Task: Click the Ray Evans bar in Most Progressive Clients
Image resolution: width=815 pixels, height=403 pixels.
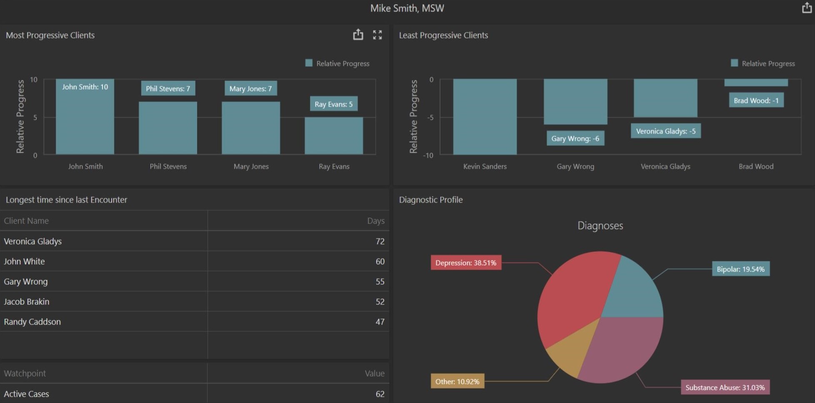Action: [x=334, y=135]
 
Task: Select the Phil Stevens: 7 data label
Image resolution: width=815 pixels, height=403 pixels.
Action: [x=168, y=88]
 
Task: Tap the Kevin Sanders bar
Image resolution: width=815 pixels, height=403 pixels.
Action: [x=485, y=117]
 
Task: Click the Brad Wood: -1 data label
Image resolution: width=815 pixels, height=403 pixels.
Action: [x=756, y=100]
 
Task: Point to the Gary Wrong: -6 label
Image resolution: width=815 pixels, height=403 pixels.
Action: [x=575, y=138]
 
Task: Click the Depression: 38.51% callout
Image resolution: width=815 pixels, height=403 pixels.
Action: [x=465, y=263]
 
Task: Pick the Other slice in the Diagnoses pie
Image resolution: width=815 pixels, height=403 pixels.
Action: [x=569, y=350]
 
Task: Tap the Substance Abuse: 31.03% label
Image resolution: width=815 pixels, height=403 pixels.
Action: [x=725, y=388]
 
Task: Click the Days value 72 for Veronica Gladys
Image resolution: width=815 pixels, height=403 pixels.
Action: [x=380, y=241]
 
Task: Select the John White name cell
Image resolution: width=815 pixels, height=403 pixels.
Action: [x=24, y=261]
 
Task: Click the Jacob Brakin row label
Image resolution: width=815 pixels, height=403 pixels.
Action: [x=27, y=302]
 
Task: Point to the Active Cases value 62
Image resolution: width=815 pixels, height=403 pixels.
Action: [x=380, y=394]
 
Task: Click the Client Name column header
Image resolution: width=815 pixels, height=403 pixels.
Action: [x=26, y=221]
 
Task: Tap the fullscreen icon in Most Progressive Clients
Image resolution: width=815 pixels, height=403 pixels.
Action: [x=377, y=35]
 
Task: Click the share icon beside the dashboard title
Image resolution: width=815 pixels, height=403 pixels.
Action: [x=807, y=8]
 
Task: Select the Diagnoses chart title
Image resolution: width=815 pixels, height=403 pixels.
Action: [x=600, y=226]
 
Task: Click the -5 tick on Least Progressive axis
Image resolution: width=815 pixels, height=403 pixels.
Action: [x=430, y=118]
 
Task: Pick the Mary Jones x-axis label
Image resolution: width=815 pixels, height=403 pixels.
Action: [x=251, y=167]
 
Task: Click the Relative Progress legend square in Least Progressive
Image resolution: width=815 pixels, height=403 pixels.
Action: [x=734, y=63]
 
